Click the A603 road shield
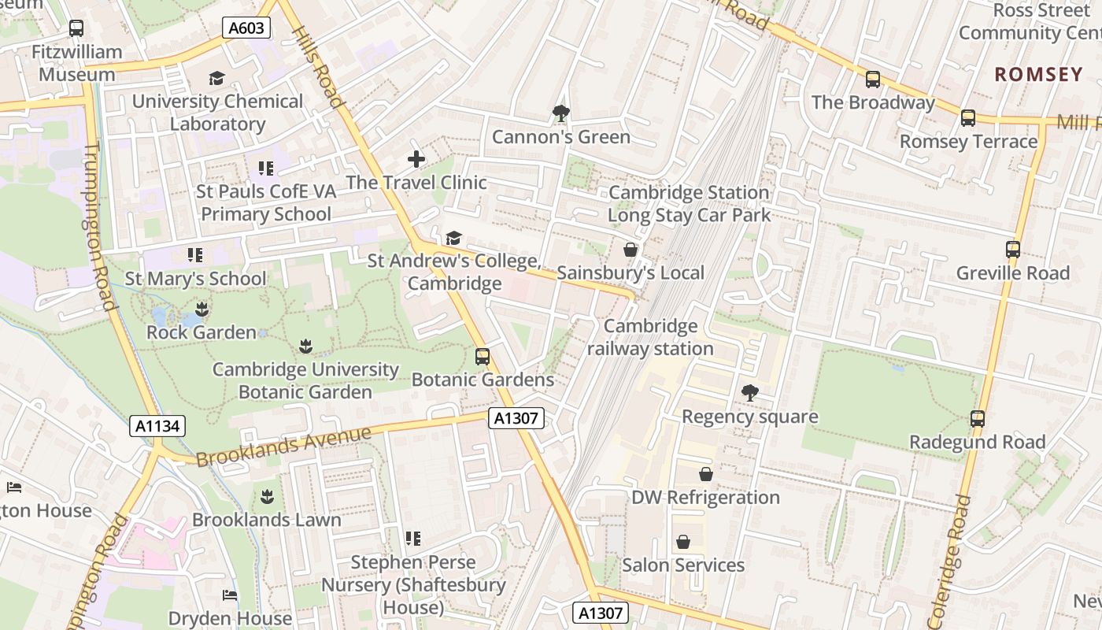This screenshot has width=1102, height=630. (x=247, y=28)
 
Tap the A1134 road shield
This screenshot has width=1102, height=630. (x=157, y=426)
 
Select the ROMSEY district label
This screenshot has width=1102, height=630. (x=1038, y=75)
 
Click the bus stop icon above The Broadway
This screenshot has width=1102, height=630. (x=872, y=80)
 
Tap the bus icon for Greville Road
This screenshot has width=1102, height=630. (x=1012, y=250)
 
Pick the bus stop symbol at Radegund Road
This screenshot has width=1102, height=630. (x=977, y=419)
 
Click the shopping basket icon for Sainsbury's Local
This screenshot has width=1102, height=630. (x=630, y=250)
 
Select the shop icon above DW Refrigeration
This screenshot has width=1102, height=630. (x=705, y=474)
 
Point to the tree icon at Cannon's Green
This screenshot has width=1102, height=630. (x=560, y=113)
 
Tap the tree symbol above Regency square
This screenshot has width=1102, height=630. (x=749, y=392)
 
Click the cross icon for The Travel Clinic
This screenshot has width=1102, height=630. (x=416, y=159)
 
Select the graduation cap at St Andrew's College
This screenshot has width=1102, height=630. (x=453, y=238)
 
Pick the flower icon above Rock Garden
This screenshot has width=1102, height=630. (x=202, y=309)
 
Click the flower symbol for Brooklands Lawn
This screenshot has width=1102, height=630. (x=266, y=496)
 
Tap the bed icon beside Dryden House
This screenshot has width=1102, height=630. (x=230, y=595)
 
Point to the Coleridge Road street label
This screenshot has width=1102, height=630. (x=950, y=559)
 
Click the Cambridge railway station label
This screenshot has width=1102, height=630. (x=650, y=337)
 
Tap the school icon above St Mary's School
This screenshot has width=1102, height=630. (x=194, y=255)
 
